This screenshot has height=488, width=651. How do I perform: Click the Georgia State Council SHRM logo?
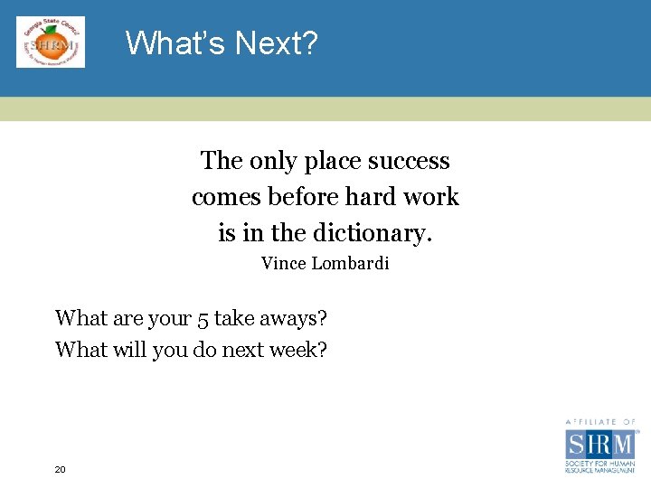pyautogui.click(x=51, y=42)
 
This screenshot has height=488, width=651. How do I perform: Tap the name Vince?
pyautogui.click(x=283, y=264)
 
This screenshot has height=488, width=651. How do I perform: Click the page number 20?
pyautogui.click(x=61, y=469)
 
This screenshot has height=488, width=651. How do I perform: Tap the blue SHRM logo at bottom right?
pyautogui.click(x=600, y=444)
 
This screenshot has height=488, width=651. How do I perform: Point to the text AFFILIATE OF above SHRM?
pyautogui.click(x=600, y=422)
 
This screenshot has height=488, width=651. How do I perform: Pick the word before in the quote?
pyautogui.click(x=301, y=197)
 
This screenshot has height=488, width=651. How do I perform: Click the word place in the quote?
pyautogui.click(x=333, y=161)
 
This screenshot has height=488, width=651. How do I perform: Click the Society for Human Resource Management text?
pyautogui.click(x=600, y=467)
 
